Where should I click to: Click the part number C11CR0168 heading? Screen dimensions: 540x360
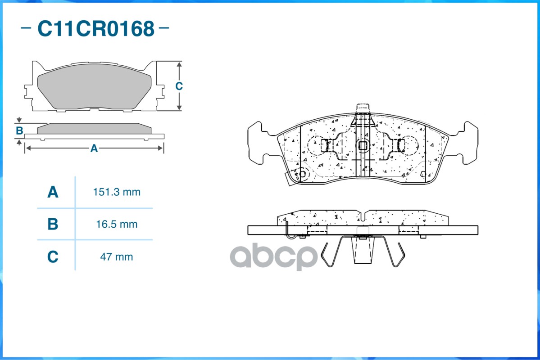point(96,28)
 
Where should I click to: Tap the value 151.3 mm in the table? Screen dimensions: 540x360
point(117,192)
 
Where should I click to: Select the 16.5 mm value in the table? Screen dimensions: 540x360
point(117,225)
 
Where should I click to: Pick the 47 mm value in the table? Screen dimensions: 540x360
point(117,257)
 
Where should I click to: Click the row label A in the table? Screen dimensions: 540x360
point(53,192)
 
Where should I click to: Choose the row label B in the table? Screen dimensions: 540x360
point(53,224)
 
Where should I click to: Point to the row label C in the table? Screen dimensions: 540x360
point(53,257)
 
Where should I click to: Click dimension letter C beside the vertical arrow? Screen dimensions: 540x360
point(179,86)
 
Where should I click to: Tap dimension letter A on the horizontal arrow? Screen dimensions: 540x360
point(94,148)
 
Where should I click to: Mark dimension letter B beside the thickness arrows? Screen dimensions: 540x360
point(19,131)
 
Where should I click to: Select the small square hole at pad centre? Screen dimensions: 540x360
point(363,146)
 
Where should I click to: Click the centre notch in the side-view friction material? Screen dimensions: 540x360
point(363,216)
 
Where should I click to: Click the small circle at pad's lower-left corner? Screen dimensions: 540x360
point(302,174)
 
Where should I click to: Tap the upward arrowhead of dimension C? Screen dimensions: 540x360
point(179,65)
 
